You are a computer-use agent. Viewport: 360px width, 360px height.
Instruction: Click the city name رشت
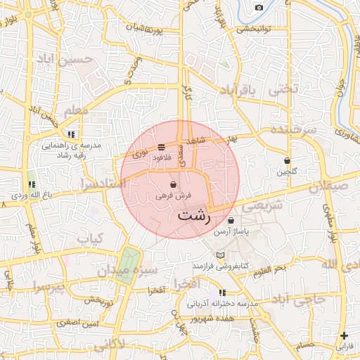coord(195,216)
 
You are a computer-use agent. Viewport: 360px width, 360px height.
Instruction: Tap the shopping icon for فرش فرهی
coord(173,185)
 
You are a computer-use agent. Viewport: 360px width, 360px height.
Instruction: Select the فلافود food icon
coord(162,147)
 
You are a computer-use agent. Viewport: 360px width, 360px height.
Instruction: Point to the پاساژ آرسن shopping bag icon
coord(231,220)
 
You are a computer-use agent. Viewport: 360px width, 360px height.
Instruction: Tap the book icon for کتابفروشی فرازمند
coord(221,255)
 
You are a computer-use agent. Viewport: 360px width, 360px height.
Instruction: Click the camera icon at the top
coord(259,7)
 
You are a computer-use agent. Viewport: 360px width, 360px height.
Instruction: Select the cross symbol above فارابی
coord(343,335)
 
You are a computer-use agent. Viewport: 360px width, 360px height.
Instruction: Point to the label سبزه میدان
coord(161,270)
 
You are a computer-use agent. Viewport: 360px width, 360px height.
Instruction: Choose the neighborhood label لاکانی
coord(127,344)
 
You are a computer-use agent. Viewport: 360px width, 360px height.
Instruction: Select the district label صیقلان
coord(328,186)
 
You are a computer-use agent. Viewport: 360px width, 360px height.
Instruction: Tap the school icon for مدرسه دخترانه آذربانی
coord(223,292)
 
